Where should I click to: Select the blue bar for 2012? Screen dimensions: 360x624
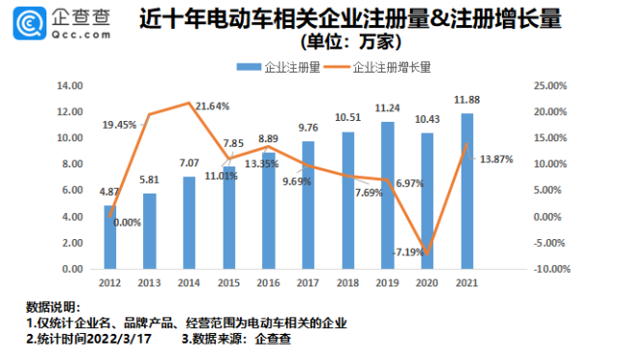108,236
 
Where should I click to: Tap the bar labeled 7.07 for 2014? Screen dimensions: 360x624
188,222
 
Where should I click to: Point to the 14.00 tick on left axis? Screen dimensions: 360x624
71,85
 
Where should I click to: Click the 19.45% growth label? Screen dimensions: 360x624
119,125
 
